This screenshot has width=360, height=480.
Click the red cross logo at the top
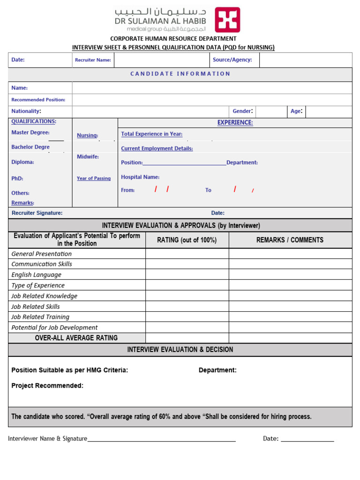click(227, 20)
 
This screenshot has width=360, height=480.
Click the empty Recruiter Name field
click(162, 60)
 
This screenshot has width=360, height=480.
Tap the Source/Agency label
click(232, 60)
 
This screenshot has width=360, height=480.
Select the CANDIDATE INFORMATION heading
click(180, 74)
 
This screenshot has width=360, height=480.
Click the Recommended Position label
click(38, 100)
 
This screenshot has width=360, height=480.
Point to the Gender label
click(243, 112)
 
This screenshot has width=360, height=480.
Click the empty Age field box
click(328, 112)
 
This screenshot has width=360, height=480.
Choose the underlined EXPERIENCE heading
click(235, 123)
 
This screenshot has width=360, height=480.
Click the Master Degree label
click(30, 133)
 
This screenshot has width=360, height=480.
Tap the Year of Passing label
click(94, 179)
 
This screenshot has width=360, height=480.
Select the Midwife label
click(88, 157)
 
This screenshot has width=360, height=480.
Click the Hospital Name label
click(140, 177)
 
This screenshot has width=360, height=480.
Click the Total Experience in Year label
click(152, 134)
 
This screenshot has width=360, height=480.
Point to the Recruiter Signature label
click(37, 213)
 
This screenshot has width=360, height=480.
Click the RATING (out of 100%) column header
click(187, 240)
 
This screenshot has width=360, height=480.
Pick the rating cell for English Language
click(187, 275)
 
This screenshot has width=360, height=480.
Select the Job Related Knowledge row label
click(45, 296)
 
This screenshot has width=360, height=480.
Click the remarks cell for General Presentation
click(290, 254)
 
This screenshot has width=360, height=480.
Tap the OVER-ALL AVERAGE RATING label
click(76, 338)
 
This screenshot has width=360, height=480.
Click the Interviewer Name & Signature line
click(161, 439)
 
